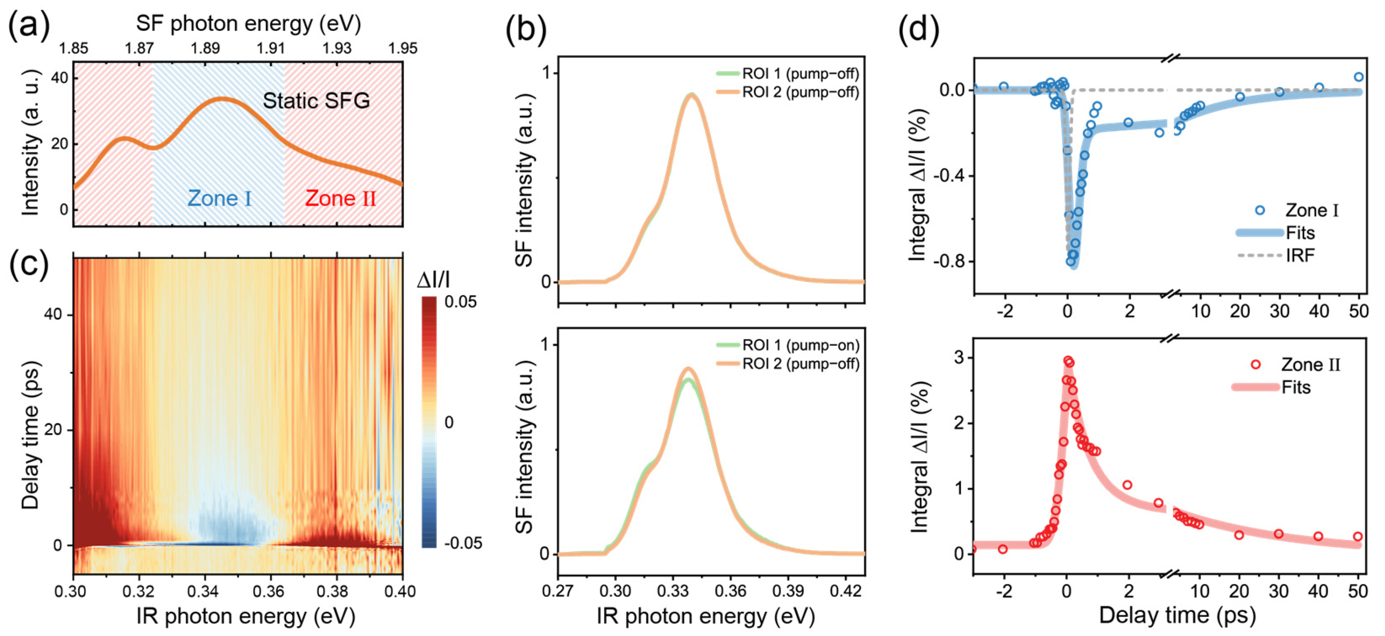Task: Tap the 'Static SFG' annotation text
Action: click(316, 101)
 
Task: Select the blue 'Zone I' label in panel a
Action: click(219, 199)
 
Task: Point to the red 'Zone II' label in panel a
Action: click(340, 199)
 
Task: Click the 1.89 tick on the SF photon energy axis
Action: click(205, 48)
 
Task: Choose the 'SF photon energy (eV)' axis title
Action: click(248, 24)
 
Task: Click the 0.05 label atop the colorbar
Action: click(460, 301)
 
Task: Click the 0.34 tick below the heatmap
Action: click(204, 591)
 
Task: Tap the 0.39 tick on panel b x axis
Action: click(788, 591)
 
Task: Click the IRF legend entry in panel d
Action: click(1300, 255)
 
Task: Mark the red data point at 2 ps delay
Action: click(1127, 485)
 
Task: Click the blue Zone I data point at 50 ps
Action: click(1358, 77)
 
